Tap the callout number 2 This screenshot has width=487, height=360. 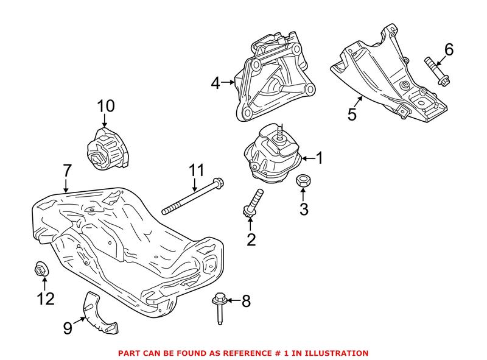pos(251,239)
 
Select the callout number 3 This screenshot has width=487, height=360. pos(303,210)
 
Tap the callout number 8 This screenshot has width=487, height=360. pos(245,300)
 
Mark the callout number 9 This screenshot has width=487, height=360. pos(68,328)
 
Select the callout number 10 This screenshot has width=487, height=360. pos(105,106)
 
